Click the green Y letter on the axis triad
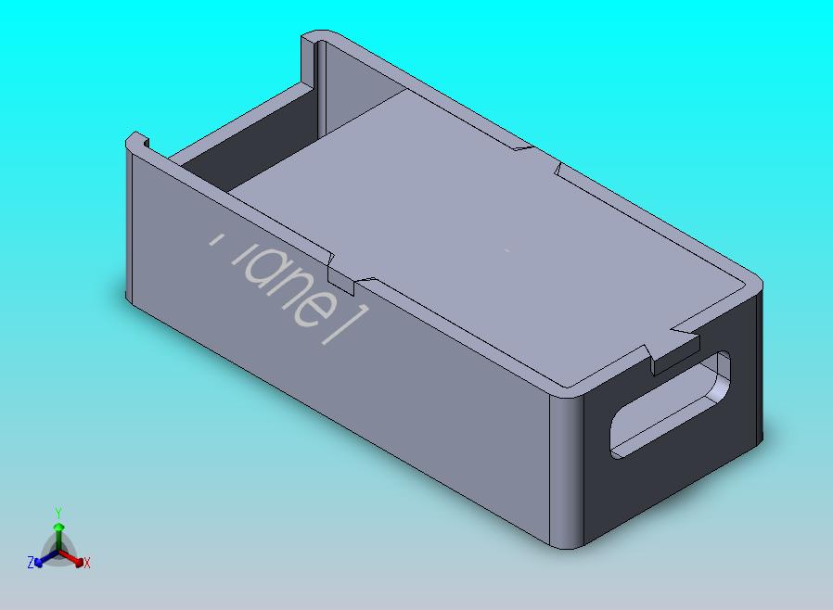pyautogui.click(x=58, y=513)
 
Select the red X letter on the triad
pyautogui.click(x=86, y=563)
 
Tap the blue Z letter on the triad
pyautogui.click(x=31, y=562)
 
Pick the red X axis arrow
pyautogui.click(x=75, y=559)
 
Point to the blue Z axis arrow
pyautogui.click(x=41, y=559)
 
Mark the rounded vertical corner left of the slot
pyautogui.click(x=567, y=468)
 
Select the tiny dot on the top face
pyautogui.click(x=506, y=248)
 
